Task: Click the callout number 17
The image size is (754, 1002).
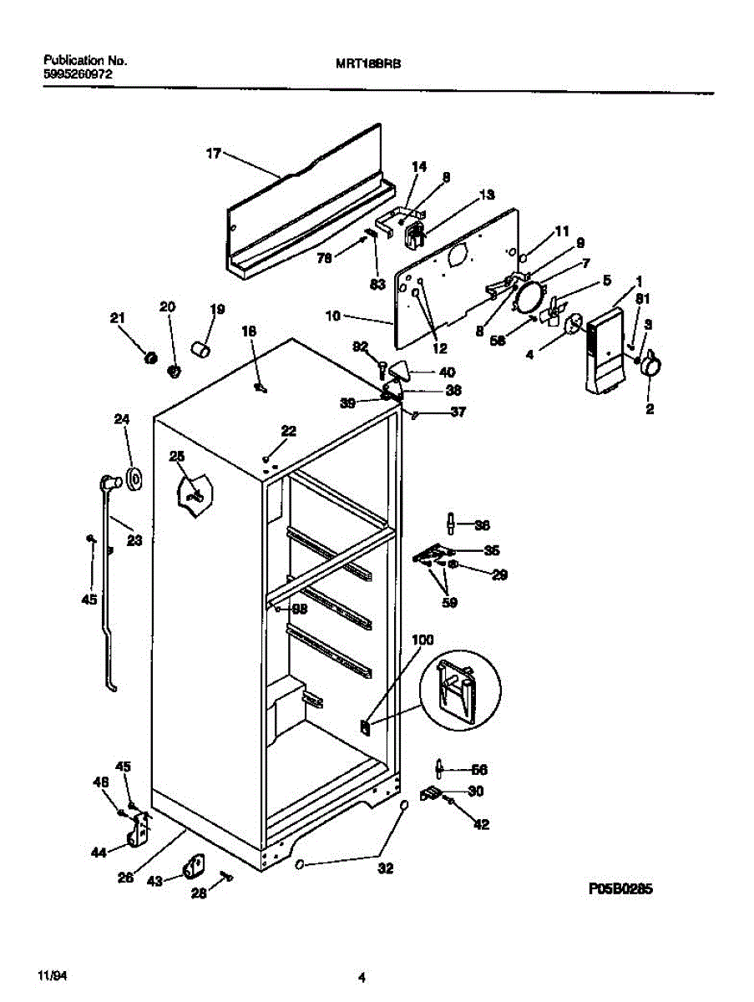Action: tap(214, 153)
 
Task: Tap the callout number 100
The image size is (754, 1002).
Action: tap(423, 640)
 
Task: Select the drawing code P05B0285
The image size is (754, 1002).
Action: tap(620, 890)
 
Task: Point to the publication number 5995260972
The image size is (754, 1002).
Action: tap(78, 73)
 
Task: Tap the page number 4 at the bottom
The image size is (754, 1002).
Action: tap(362, 978)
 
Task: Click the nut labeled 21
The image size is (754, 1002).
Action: tap(150, 357)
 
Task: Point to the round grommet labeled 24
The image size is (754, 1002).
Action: tap(133, 478)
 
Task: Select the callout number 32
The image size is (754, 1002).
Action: tap(384, 868)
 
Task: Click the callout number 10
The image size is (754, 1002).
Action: tap(334, 316)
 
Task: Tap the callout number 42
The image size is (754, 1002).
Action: tap(481, 825)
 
